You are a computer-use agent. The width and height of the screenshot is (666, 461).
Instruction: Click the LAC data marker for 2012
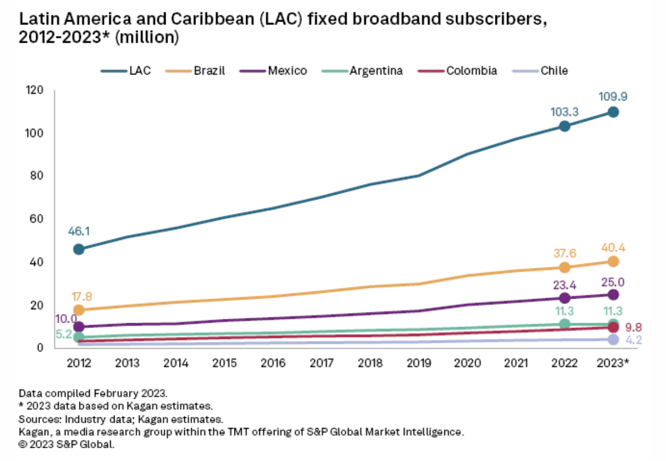79,249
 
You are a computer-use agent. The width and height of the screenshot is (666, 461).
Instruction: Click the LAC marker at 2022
564,126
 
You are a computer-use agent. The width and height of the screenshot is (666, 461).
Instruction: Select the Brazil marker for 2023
613,261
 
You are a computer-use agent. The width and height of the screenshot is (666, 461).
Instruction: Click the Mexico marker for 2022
564,298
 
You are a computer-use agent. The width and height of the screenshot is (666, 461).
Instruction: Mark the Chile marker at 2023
613,339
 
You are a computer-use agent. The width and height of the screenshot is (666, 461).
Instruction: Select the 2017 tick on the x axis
321,364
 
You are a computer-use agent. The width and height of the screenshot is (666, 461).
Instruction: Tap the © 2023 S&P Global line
67,443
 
